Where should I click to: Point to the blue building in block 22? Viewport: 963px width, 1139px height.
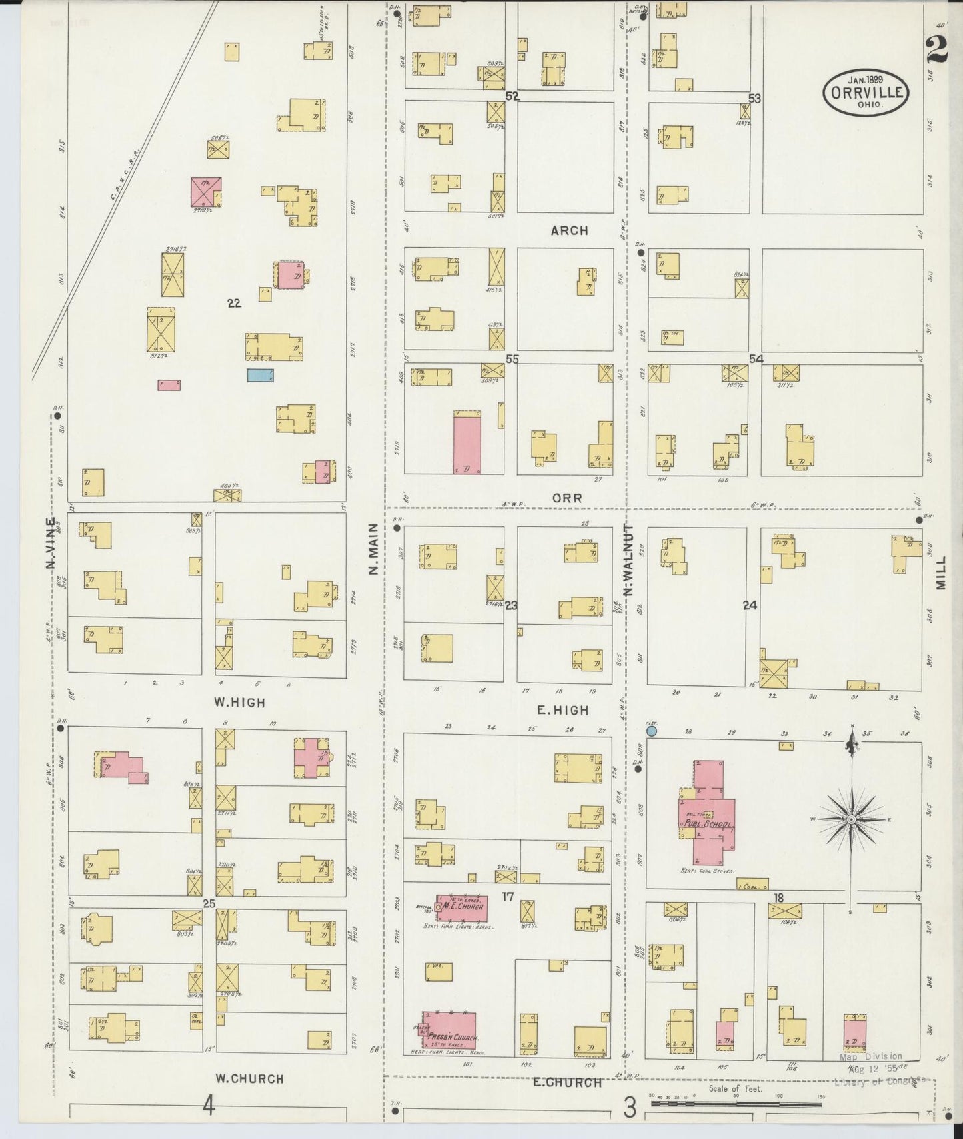[261, 374]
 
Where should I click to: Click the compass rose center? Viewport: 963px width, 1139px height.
[851, 819]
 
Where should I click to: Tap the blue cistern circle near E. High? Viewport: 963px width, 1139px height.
[652, 731]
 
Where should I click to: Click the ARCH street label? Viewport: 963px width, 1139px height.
[569, 231]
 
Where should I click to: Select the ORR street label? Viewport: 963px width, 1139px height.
[567, 498]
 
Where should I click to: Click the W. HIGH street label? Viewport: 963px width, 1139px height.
[239, 702]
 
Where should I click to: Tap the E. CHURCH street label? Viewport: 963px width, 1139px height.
[567, 1082]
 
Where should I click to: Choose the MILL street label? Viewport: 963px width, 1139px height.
[941, 573]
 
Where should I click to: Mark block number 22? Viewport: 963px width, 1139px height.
[233, 303]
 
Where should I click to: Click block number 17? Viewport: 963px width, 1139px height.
[508, 897]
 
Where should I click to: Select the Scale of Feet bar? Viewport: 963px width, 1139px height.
[737, 1104]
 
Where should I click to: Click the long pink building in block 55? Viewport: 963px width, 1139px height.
[467, 444]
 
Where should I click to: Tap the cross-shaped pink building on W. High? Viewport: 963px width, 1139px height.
[312, 757]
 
